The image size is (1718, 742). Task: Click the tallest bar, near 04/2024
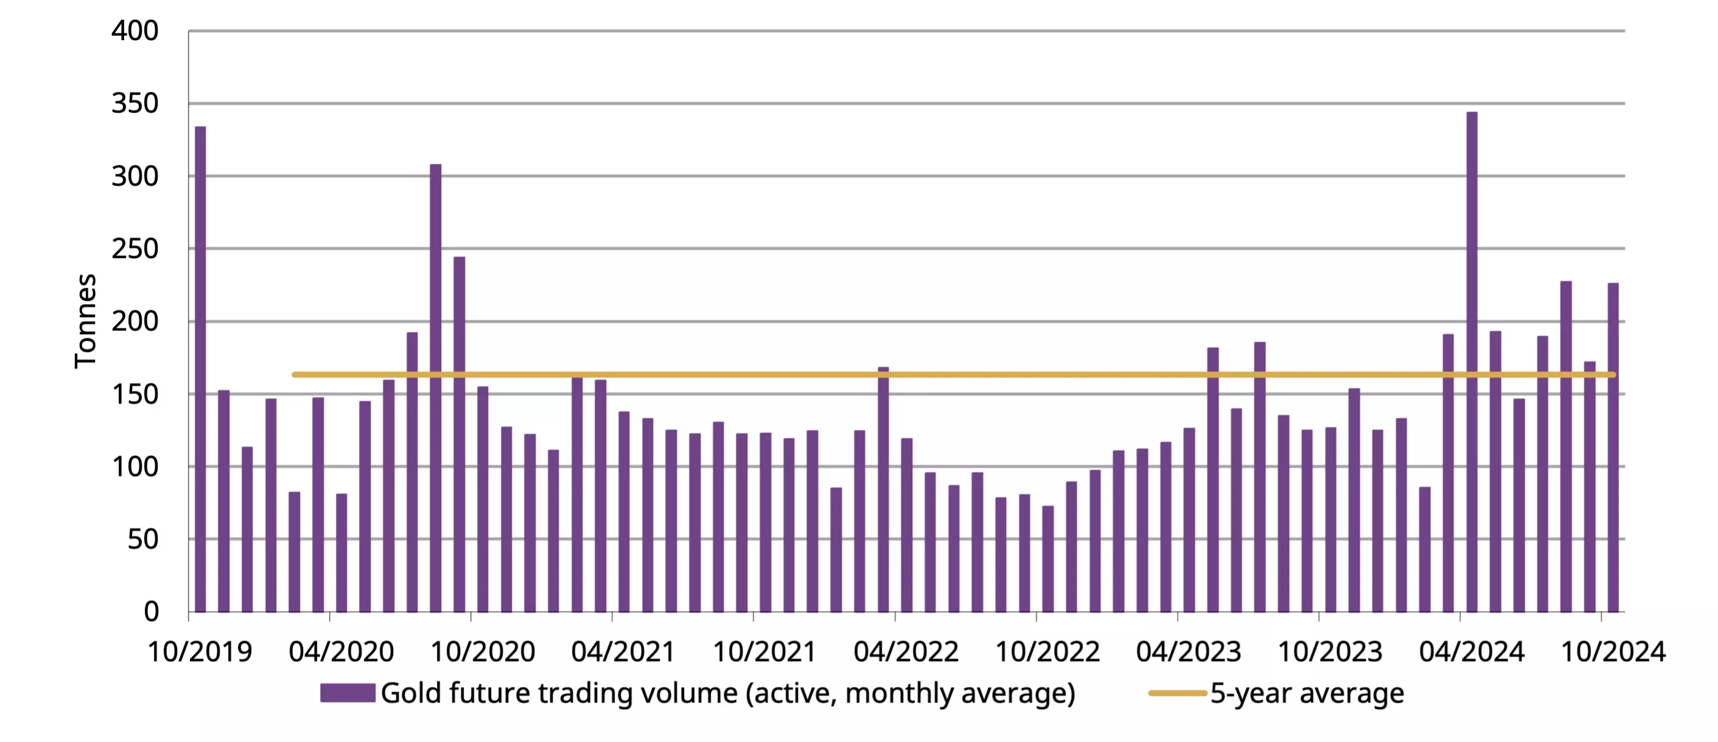[1472, 360]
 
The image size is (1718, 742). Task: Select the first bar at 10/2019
[200, 367]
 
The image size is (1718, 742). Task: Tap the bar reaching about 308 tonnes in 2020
[436, 387]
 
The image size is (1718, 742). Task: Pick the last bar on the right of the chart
[1613, 447]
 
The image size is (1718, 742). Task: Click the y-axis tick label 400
[134, 30]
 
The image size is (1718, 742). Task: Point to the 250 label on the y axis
[134, 249]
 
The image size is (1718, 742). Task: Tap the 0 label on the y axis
[152, 611]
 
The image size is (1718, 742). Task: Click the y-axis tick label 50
[143, 539]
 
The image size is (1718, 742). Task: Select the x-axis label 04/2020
[341, 652]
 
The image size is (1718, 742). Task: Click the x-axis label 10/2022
[1047, 652]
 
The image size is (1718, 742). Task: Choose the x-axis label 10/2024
[1613, 652]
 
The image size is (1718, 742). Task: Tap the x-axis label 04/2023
[1189, 652]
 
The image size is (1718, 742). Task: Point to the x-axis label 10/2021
[764, 652]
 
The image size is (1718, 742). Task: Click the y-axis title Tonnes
[86, 321]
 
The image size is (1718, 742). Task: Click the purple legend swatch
[347, 693]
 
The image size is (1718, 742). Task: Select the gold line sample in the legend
[1177, 693]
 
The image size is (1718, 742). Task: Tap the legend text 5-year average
[1307, 693]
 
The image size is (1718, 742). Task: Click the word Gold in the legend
[411, 693]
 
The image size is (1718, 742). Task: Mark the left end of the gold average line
[295, 375]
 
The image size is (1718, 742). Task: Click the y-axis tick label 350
[134, 103]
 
